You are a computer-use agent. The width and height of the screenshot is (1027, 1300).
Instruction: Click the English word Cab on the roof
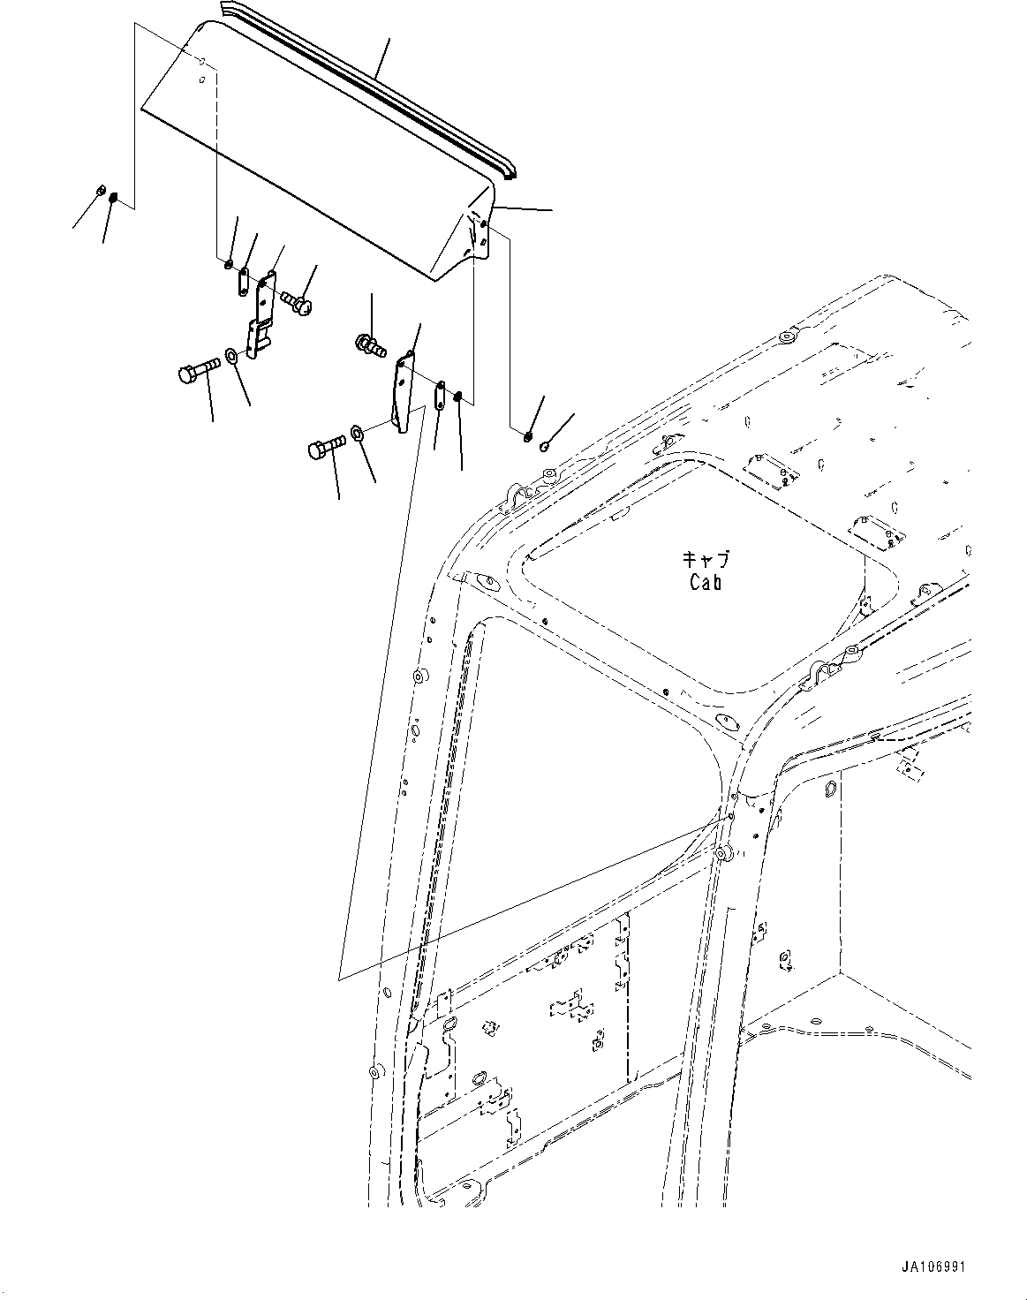coord(706,582)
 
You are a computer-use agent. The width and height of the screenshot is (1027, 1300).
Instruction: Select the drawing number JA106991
coord(933,1266)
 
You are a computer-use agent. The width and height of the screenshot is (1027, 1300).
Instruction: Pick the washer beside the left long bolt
coord(230,356)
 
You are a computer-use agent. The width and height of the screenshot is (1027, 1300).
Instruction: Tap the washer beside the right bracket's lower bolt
coord(358,434)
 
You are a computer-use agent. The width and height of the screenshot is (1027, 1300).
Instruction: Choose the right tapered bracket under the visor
coord(403,392)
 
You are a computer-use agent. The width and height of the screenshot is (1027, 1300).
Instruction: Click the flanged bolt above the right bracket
coord(369,344)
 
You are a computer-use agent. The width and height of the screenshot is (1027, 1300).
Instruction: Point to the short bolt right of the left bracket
coord(296,303)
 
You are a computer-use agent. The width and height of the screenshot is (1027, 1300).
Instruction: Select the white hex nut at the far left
coord(100,190)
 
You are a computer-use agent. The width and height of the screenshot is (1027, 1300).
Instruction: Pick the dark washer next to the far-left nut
coord(114,198)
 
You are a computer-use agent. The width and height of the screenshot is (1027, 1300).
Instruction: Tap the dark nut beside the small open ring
coord(526,433)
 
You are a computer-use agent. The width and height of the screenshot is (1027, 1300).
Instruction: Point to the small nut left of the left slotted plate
coord(228,264)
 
